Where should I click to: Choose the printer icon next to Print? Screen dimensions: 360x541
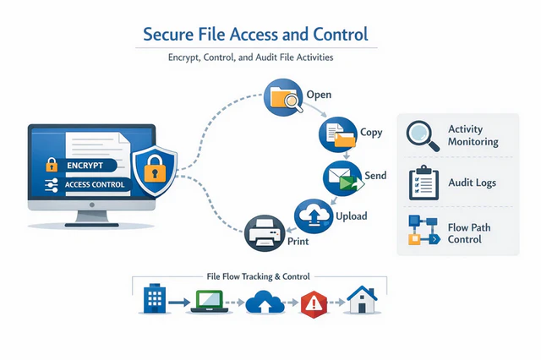264,232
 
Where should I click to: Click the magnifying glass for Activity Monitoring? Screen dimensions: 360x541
423,137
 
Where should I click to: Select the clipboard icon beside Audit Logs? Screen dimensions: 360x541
422,183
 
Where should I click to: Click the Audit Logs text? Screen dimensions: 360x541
472,183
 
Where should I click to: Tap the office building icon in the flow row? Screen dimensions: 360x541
153,299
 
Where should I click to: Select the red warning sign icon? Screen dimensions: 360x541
313,301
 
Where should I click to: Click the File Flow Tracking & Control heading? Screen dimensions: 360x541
258,276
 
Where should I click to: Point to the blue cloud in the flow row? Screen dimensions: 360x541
261,301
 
